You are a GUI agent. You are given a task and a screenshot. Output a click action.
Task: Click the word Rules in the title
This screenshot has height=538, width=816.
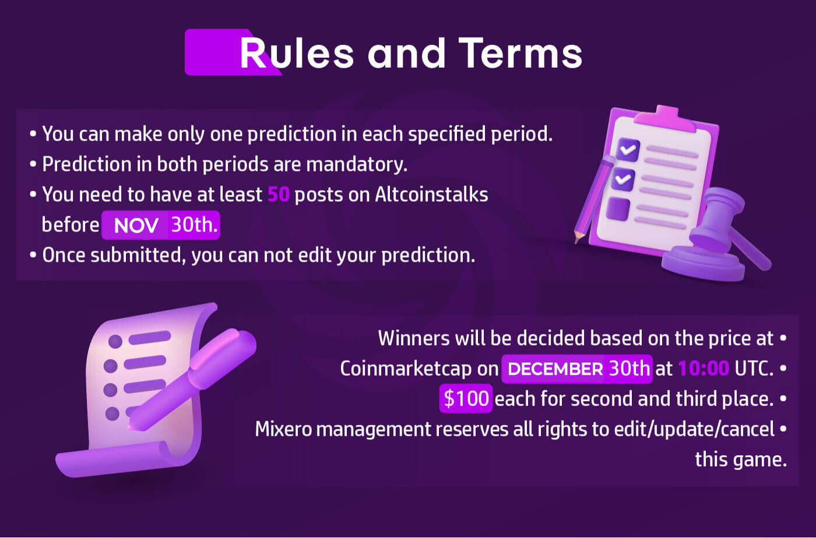click(x=297, y=53)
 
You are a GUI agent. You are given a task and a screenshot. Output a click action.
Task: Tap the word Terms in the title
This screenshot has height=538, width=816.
click(x=520, y=53)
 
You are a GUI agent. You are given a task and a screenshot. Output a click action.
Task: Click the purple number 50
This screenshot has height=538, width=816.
click(x=279, y=194)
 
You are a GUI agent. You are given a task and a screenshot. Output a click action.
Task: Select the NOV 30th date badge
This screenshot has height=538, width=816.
click(x=161, y=225)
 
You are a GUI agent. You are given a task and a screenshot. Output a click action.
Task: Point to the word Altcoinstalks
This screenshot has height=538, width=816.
click(x=432, y=194)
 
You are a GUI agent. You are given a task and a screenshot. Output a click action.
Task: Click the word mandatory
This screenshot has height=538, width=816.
click(x=357, y=164)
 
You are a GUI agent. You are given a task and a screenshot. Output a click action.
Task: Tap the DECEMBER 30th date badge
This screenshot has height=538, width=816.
click(x=576, y=368)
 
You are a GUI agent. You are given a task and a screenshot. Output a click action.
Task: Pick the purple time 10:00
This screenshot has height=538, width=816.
click(x=704, y=368)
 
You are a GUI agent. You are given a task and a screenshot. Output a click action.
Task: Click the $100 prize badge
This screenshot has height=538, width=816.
click(x=466, y=399)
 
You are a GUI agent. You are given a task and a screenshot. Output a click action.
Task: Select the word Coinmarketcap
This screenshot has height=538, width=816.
click(x=406, y=369)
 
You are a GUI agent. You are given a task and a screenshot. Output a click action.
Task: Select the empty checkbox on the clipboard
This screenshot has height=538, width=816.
click(x=618, y=209)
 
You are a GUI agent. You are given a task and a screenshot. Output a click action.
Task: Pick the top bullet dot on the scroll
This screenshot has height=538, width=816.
click(x=115, y=342)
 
